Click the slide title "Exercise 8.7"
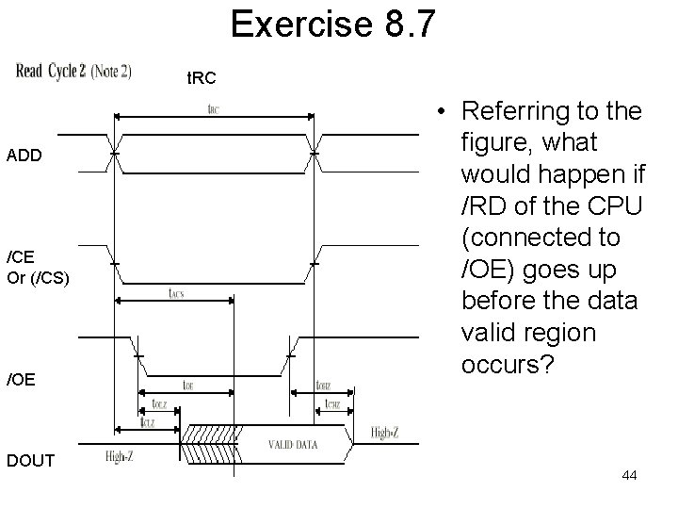(x=333, y=25)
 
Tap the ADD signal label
(x=24, y=156)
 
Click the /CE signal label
(x=21, y=257)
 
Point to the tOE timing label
(x=188, y=384)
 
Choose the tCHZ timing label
(x=331, y=404)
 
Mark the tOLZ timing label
(x=160, y=404)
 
